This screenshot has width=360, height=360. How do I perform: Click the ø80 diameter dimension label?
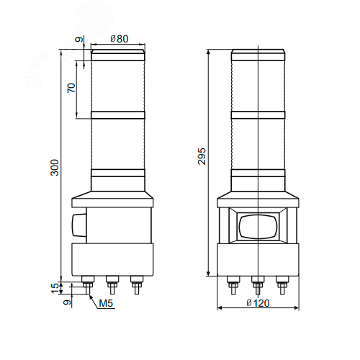120,39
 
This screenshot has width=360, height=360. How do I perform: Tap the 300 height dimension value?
55,168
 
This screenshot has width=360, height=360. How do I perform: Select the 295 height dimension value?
202,156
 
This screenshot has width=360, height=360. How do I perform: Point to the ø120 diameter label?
258,303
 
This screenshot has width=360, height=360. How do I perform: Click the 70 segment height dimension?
71,88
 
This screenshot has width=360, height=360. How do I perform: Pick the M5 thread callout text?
106,303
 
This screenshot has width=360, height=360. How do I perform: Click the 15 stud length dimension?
55,288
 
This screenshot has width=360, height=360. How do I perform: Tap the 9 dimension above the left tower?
78,39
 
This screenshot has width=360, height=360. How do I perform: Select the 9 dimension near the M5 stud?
67,302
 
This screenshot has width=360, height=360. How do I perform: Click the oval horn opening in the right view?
258,227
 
